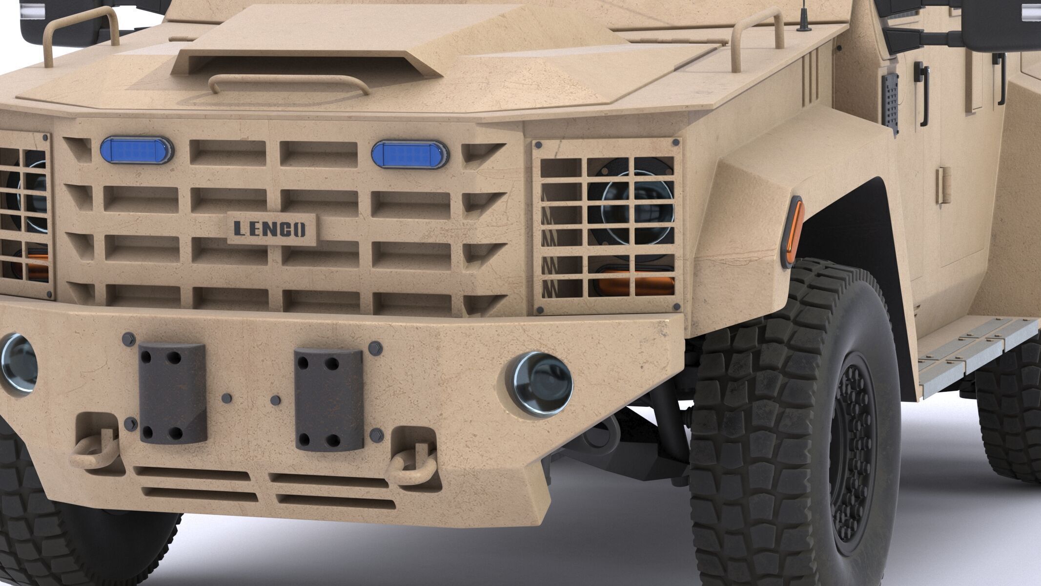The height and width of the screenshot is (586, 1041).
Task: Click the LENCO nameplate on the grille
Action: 270,228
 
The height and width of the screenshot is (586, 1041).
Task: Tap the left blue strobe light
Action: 137,150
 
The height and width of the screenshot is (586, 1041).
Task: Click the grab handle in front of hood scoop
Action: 289,84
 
